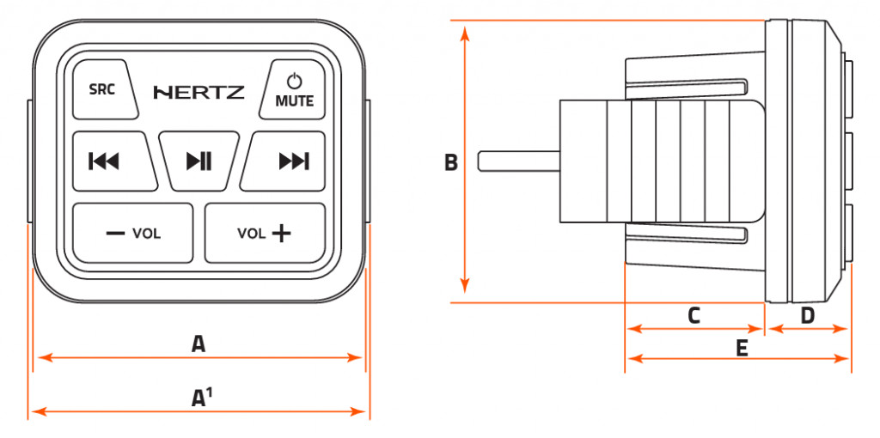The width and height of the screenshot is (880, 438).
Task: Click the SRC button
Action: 102,89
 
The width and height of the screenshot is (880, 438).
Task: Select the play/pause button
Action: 199,161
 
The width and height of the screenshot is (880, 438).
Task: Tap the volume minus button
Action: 132,233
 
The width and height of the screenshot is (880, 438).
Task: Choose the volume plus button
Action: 265,233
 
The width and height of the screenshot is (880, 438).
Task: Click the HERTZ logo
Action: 199,92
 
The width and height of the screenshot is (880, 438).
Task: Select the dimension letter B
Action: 450,162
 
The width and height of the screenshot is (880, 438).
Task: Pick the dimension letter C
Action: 694,315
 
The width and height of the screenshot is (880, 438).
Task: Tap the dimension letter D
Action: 807,315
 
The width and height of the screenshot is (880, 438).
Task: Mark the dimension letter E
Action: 742,347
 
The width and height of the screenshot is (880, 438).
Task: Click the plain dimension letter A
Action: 199,344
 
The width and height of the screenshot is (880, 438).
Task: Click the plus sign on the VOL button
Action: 280,233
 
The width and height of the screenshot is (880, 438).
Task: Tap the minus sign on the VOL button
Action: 115,233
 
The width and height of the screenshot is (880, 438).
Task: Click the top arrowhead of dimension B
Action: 465,32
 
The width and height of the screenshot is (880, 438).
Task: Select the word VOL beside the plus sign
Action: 251,233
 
